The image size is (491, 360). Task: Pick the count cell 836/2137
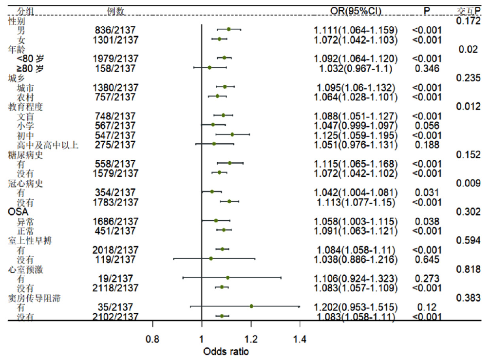click(x=116, y=30)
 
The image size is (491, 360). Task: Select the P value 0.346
click(x=427, y=68)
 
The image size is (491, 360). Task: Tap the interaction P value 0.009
click(x=468, y=183)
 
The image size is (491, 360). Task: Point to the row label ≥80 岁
click(x=30, y=68)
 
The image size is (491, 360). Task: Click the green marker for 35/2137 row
click(x=251, y=306)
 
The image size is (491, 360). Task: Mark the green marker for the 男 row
click(x=229, y=30)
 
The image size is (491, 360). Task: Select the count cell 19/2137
click(x=116, y=278)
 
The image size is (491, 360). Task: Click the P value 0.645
click(x=427, y=259)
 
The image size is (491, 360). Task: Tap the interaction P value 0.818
click(x=468, y=268)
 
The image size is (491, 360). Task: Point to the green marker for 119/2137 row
click(x=211, y=258)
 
